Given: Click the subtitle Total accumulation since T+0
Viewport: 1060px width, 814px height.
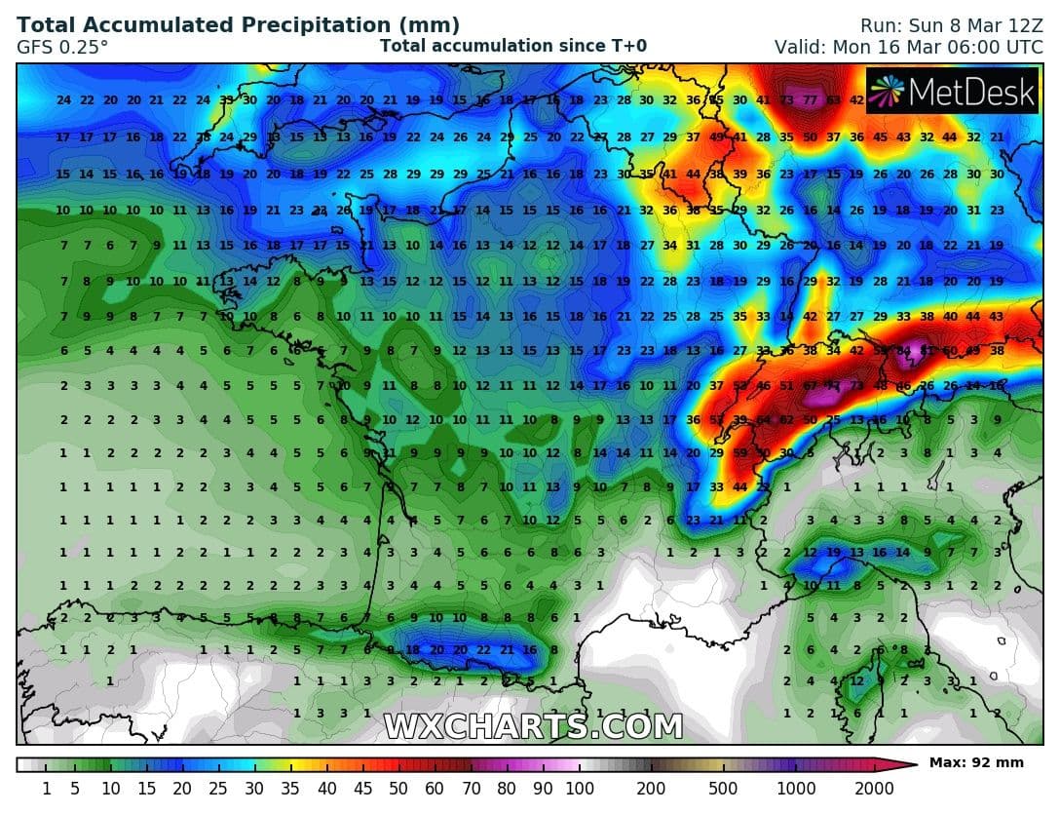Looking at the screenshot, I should [512, 46].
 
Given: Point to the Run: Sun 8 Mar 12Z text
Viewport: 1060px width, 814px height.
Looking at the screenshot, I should [951, 25].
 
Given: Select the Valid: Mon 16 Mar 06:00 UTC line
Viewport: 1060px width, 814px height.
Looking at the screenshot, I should [909, 46].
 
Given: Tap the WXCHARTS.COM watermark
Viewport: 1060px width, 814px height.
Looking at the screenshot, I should [532, 726].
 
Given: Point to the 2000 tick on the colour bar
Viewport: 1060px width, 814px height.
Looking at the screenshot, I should [874, 788].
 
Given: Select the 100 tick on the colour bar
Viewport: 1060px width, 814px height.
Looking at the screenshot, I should [580, 788].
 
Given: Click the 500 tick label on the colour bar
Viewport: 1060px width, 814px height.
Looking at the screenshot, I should [723, 788].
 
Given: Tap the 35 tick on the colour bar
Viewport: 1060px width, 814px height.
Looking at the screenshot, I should [290, 788].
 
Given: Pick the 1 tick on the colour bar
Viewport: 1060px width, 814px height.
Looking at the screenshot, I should [46, 788].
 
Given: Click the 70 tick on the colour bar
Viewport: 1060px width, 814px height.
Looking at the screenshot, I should [472, 788].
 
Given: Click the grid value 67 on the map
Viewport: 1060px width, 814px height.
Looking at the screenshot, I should [810, 385].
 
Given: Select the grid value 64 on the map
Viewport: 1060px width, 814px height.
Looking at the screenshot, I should [763, 420].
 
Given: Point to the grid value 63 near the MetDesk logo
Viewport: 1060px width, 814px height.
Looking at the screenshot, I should [833, 99].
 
